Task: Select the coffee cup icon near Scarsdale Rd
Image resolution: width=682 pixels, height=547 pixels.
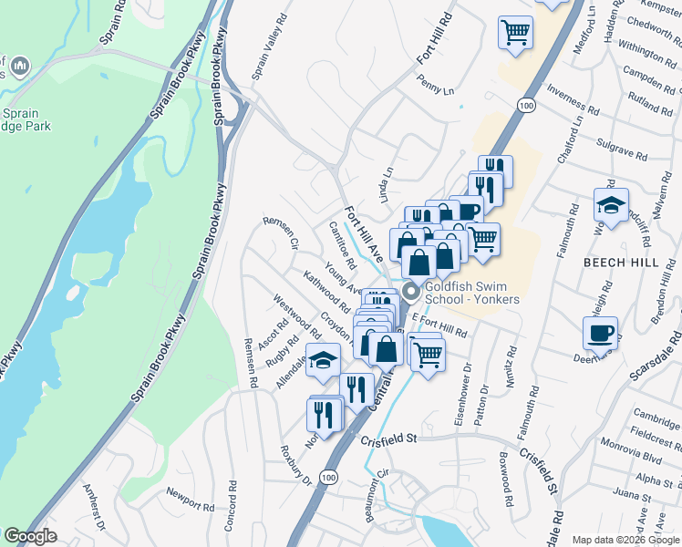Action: click(600, 334)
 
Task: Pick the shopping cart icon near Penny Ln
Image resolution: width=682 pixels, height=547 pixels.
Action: click(515, 33)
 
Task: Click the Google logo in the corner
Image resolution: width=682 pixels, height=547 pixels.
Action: click(30, 536)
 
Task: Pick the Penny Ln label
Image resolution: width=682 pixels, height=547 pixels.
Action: click(435, 89)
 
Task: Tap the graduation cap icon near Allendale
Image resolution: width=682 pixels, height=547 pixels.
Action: click(324, 361)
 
